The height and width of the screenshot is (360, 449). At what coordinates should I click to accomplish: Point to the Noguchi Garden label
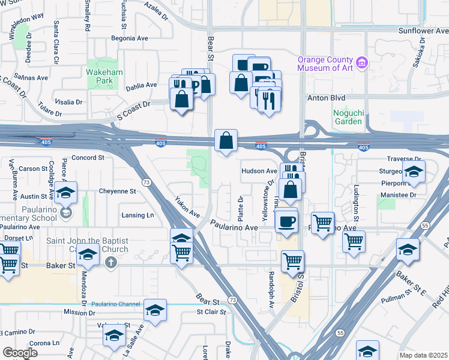point(348,116)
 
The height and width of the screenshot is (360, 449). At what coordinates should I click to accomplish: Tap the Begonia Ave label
point(130,37)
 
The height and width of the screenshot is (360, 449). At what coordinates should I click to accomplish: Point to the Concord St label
point(88,158)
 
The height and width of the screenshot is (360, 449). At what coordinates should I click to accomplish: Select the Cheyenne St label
point(117,191)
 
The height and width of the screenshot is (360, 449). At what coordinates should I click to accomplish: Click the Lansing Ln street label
point(137,215)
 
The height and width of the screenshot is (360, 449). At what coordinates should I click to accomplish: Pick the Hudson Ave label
point(259,171)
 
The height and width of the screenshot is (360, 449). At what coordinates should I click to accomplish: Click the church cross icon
point(110,262)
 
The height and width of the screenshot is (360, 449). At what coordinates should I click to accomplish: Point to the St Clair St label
point(211,311)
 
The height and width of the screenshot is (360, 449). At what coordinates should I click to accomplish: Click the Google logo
point(20,353)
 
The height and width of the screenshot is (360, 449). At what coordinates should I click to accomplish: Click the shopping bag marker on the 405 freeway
point(226,142)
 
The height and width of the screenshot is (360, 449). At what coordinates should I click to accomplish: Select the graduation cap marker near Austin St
point(67,194)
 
